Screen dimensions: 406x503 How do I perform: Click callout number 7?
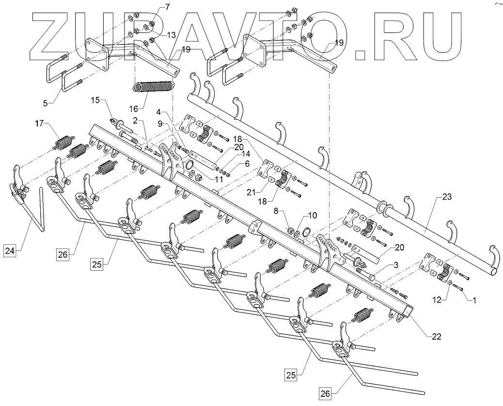(154, 7)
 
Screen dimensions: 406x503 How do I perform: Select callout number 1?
(474, 300)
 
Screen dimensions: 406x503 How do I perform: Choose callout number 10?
(311, 215)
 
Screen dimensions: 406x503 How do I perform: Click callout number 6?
(248, 164)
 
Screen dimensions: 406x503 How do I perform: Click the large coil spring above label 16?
(153, 88)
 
